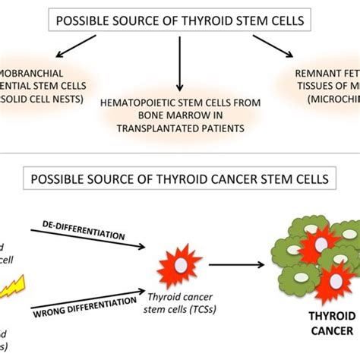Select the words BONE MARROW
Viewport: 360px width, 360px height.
(162, 114)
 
